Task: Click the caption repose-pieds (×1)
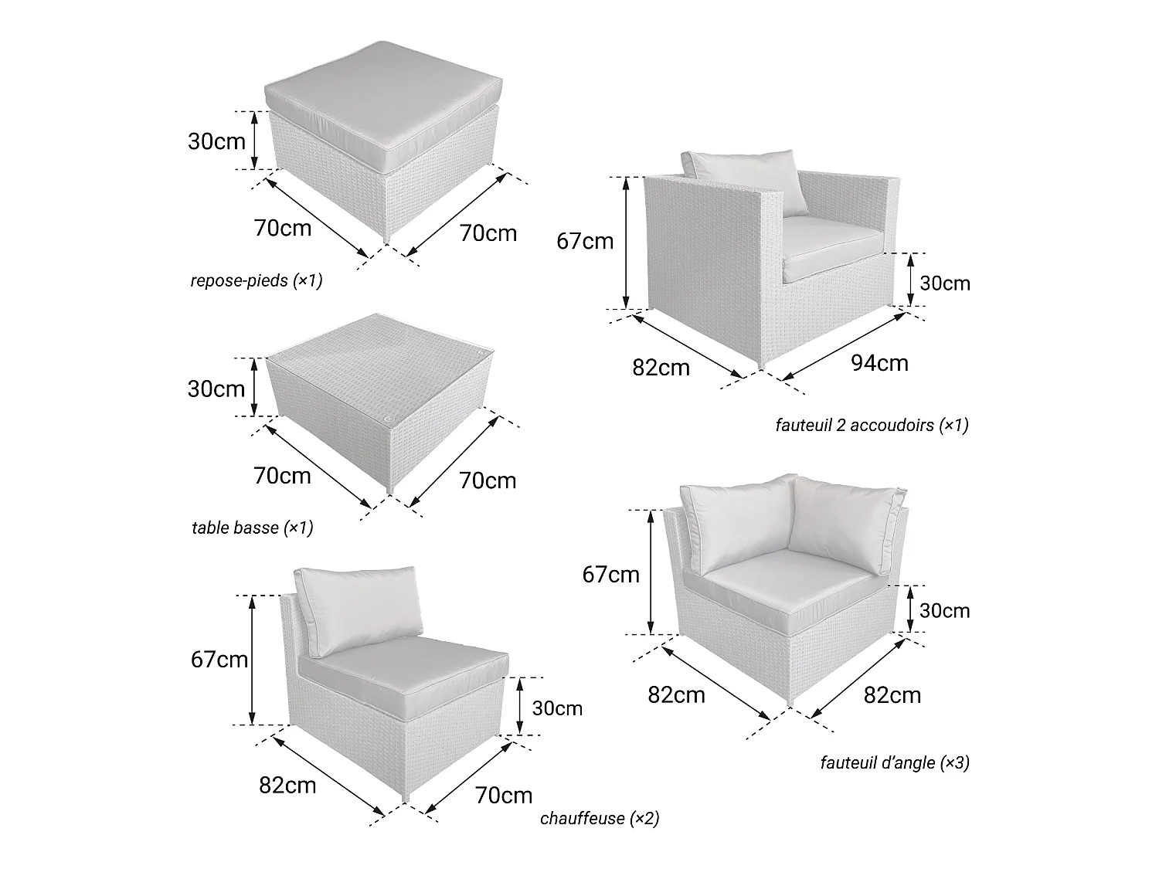tap(256, 280)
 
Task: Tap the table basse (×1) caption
tap(253, 528)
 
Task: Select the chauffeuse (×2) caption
tap(600, 818)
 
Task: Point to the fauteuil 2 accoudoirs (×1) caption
tap(872, 425)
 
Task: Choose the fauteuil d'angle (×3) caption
tap(895, 762)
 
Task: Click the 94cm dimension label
tap(879, 363)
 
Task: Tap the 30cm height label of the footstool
tap(216, 141)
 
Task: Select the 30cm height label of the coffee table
tap(216, 389)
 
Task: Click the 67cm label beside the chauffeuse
tap(219, 660)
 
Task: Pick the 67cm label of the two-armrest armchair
tap(585, 241)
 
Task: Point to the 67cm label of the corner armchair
tap(611, 575)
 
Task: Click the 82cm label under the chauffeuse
tap(287, 786)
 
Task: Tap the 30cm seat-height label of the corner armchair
tap(945, 611)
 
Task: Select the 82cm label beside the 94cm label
tap(661, 368)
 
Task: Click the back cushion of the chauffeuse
tap(359, 611)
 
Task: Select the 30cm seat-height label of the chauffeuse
tap(557, 708)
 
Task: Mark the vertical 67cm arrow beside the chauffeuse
tap(253, 660)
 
